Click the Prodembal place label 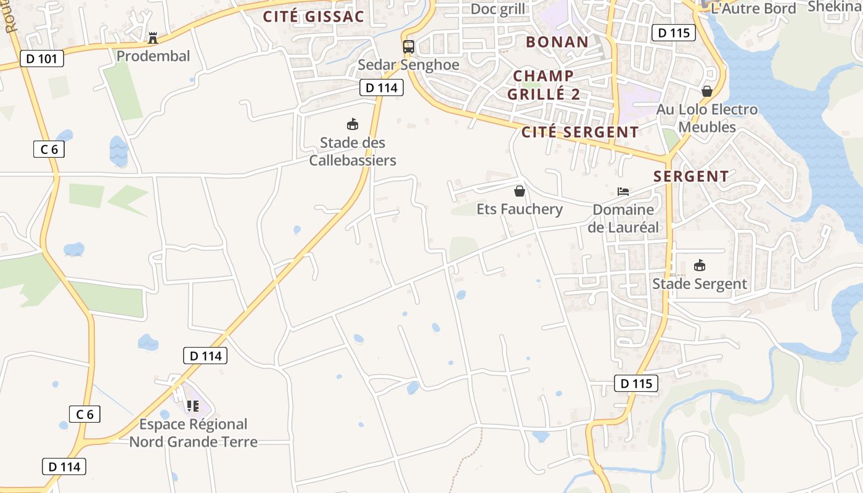153,56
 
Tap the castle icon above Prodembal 153,38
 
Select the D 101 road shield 41,59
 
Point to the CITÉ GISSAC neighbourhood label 314,17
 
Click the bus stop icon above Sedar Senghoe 408,47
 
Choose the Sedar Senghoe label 408,65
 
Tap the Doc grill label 497,9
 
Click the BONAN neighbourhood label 557,42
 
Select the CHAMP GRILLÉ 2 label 543,85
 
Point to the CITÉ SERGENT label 580,132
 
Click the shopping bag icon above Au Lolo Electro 706,92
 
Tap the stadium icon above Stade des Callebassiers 353,124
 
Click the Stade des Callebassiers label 353,152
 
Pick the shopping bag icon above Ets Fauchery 520,191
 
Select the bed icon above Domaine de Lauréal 623,192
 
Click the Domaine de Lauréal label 623,218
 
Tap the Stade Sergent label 700,284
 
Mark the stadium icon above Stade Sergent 700,266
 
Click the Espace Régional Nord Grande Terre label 193,433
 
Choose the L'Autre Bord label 753,9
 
